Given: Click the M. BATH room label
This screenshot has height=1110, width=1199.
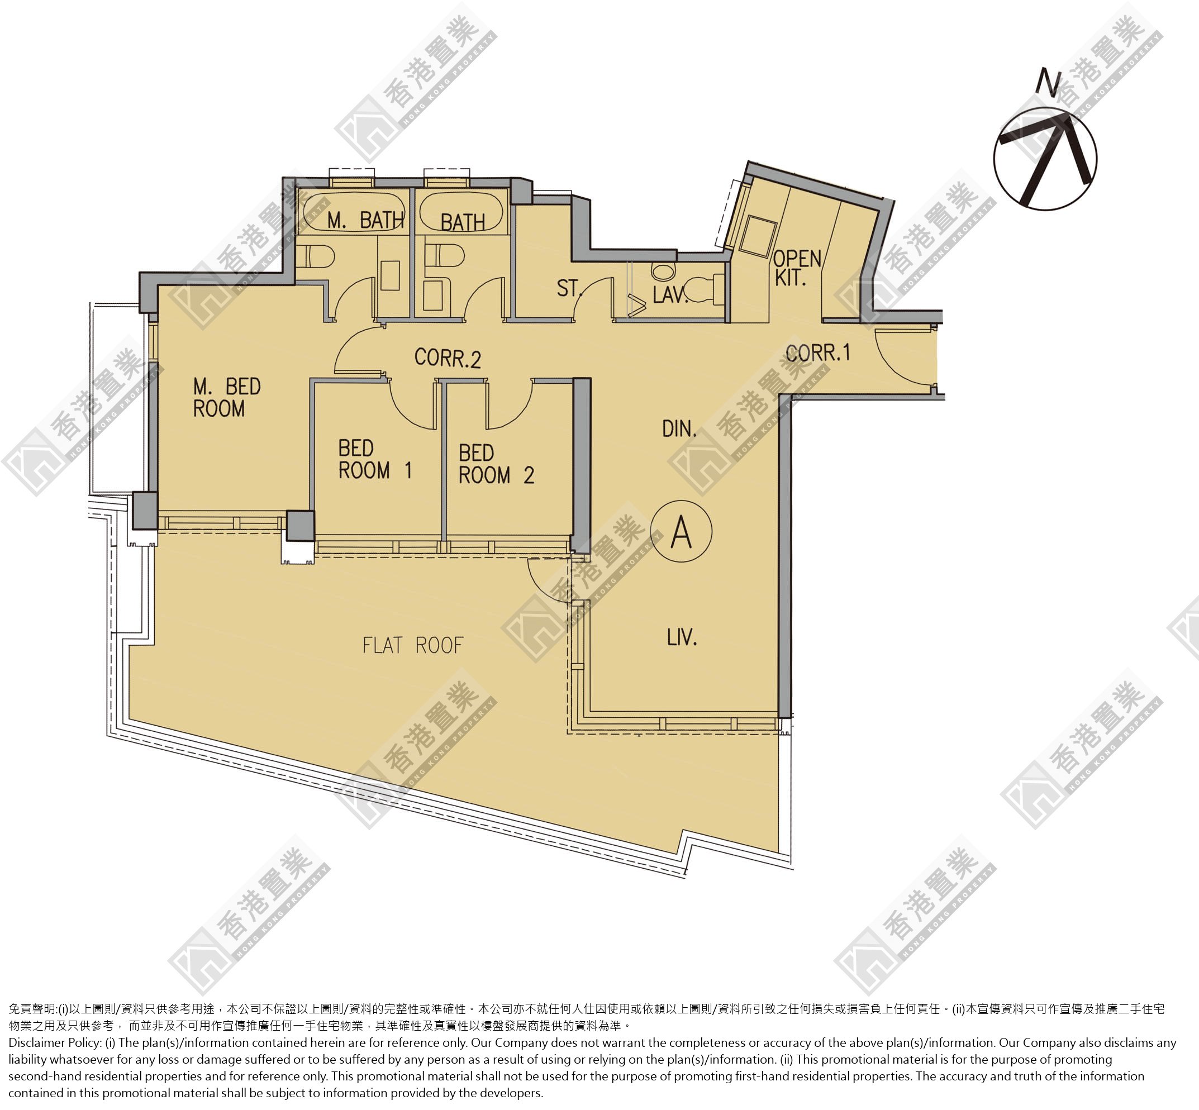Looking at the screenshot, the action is pos(365,221).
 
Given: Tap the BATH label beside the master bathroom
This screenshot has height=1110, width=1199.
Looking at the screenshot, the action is pos(463,222).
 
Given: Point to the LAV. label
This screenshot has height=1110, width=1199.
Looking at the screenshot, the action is pos(670,294).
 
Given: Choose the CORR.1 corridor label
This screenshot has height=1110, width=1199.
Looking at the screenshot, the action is pos(818,352).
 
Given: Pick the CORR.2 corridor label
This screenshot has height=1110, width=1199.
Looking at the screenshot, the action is pos(448,358).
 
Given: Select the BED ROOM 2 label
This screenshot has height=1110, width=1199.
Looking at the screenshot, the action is pos(496,464).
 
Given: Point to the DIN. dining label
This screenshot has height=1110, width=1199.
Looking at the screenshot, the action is pos(679,429).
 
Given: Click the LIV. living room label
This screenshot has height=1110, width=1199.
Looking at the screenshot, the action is pos(682,637).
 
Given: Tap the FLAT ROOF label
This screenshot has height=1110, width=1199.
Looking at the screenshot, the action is pos(413,646).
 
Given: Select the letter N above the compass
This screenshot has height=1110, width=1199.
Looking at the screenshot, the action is pos(1049,82).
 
